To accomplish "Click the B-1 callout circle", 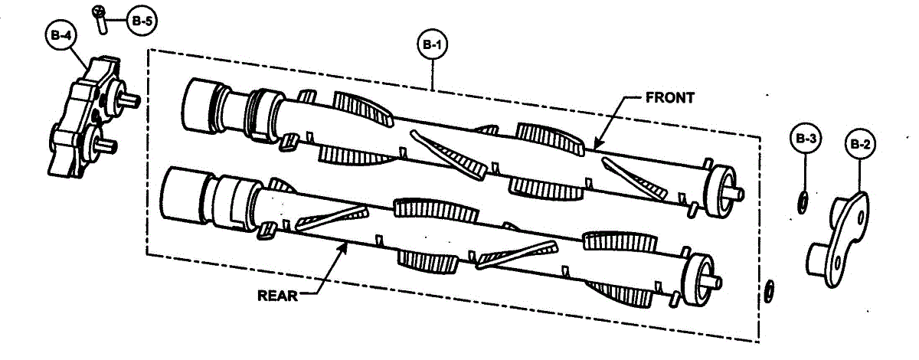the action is (433, 44).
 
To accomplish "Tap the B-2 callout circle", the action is (860, 144).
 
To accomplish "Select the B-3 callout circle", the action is (806, 138).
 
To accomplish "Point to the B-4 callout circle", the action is (61, 35).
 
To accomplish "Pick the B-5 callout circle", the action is (142, 21).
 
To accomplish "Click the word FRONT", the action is (670, 98).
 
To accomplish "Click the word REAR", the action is (277, 296).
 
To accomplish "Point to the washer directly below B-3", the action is (803, 202).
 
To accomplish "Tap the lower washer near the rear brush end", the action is (770, 292).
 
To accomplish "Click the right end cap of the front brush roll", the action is (721, 191).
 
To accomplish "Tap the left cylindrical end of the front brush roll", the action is (200, 106).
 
